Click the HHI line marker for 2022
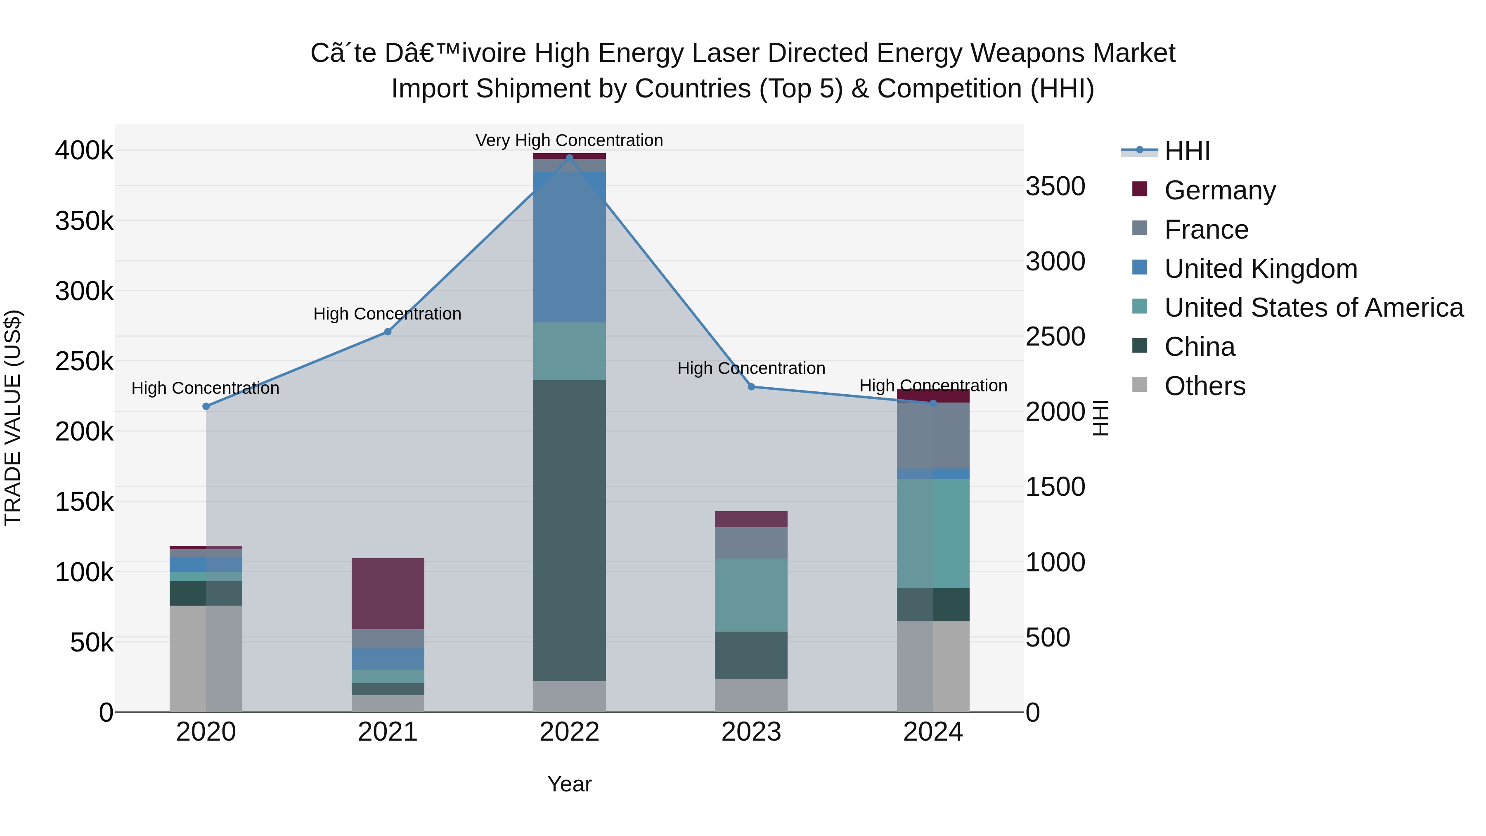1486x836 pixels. pyautogui.click(x=569, y=158)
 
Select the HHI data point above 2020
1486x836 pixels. pyautogui.click(x=206, y=406)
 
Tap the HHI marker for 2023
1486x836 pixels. pyautogui.click(x=751, y=386)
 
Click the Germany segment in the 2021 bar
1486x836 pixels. pyautogui.click(x=388, y=593)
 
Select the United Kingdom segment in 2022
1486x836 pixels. pyautogui.click(x=569, y=247)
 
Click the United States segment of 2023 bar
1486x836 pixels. pyautogui.click(x=751, y=595)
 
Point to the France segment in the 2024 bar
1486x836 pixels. pyautogui.click(x=933, y=436)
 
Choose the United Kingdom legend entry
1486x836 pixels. pyautogui.click(x=1261, y=269)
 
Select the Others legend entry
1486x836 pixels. pyautogui.click(x=1204, y=386)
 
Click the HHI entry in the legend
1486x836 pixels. pyautogui.click(x=1187, y=151)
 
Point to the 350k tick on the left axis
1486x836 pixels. pyautogui.click(x=84, y=221)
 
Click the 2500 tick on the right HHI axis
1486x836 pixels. pyautogui.click(x=1055, y=337)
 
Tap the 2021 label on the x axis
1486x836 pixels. pyautogui.click(x=388, y=732)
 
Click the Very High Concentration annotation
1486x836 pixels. pyautogui.click(x=569, y=140)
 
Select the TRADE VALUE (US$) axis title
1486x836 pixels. pyautogui.click(x=13, y=418)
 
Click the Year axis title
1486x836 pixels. pyautogui.click(x=569, y=784)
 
